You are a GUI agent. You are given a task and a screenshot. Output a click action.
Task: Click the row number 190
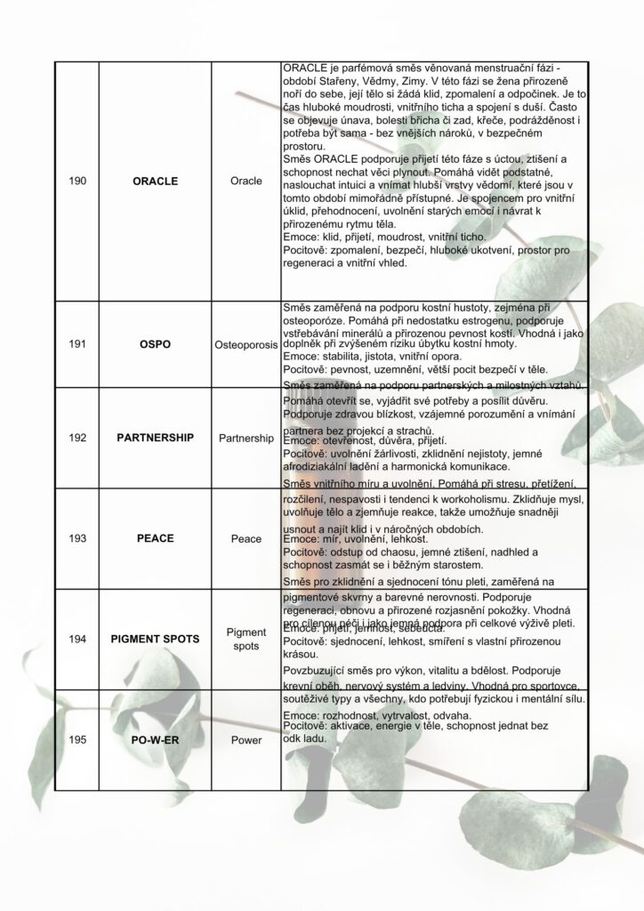[77, 181]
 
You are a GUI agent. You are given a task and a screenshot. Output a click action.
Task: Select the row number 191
[77, 343]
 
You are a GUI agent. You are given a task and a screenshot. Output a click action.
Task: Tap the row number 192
[77, 439]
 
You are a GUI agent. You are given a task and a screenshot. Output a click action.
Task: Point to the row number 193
[77, 538]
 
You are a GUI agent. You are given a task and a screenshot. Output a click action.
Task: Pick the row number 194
[77, 639]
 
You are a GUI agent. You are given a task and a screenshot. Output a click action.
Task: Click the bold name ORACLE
[155, 181]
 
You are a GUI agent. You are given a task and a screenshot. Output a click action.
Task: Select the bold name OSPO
[155, 343]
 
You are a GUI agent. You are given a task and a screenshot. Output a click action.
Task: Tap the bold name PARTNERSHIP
[155, 439]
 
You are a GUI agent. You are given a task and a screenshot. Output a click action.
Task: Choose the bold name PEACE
[155, 538]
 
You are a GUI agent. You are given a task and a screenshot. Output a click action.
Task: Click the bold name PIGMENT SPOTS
[155, 639]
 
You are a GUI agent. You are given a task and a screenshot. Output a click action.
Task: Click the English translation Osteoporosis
[246, 343]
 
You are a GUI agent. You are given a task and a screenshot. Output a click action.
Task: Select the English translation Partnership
[246, 439]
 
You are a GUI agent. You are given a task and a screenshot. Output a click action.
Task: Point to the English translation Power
[246, 739]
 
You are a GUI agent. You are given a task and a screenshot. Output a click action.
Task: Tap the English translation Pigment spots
[246, 639]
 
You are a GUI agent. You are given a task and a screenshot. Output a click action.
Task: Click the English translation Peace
[246, 538]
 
